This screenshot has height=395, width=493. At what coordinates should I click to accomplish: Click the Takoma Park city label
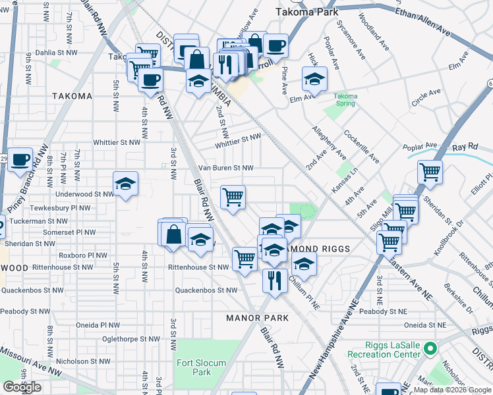coord(306,12)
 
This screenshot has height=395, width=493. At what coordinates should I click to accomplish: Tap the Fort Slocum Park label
coord(201,367)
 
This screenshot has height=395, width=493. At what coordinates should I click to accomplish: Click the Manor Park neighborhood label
coord(258,318)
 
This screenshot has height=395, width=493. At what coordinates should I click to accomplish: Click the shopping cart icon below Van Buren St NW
coord(233,196)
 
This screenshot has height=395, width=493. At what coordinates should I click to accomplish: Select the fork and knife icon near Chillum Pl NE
coord(275,280)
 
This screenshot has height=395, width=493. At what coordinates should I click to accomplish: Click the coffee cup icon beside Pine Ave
coord(276,45)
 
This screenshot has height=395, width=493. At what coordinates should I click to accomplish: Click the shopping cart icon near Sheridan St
coord(430,172)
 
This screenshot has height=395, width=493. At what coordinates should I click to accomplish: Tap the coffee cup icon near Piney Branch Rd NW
coord(20,160)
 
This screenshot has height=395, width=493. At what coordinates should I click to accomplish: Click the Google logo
coord(22,387)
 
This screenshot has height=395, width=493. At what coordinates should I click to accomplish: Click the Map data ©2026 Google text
coord(451,389)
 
